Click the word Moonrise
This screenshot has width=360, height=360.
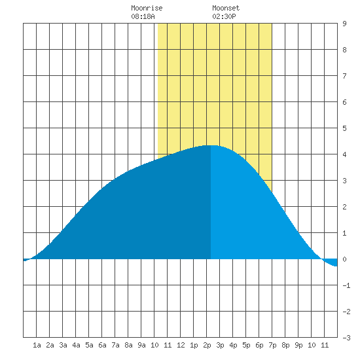[x=147, y=8]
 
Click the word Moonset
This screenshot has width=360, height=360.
[x=226, y=8]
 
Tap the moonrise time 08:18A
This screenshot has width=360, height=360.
[x=143, y=16]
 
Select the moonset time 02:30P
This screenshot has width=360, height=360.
[x=224, y=16]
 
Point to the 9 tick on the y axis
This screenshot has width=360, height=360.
[x=344, y=24]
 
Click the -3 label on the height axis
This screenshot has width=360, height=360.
[x=346, y=338]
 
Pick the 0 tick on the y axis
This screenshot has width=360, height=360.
[x=344, y=259]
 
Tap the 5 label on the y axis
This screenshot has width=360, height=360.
[x=344, y=128]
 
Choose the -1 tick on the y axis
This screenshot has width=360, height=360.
[x=346, y=285]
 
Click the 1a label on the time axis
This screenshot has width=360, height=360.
[x=37, y=345]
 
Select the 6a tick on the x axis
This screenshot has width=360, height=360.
[x=102, y=345]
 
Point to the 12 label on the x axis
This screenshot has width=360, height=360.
[x=181, y=345]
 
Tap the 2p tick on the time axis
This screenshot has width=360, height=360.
[x=207, y=345]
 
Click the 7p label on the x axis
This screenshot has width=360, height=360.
[x=272, y=345]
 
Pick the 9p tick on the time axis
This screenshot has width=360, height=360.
[x=298, y=345]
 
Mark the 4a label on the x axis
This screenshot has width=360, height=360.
[x=76, y=345]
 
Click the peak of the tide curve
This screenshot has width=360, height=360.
[x=211, y=145]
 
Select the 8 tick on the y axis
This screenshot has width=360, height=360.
[x=344, y=50]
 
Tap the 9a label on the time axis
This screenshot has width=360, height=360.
[x=141, y=345]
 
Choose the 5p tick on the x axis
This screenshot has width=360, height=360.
[x=246, y=345]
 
